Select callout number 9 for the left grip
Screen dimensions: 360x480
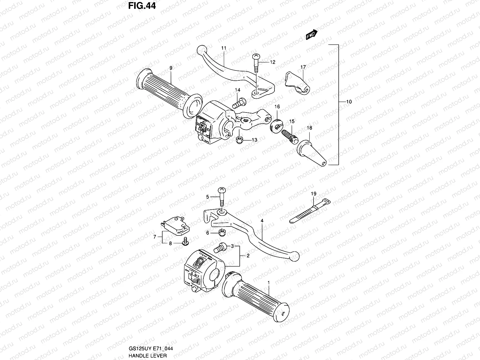[171, 68]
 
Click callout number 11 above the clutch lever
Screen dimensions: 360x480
[223, 48]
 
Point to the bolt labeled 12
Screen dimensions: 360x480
[256, 64]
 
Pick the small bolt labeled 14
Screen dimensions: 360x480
[239, 104]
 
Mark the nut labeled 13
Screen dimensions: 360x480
[239, 140]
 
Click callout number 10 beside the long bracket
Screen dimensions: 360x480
[349, 102]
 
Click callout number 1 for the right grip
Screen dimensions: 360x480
[268, 283]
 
